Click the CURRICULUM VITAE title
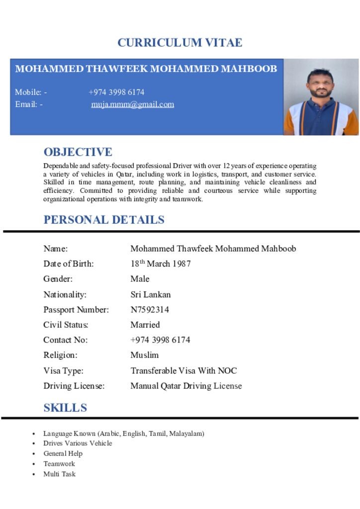coord(180,43)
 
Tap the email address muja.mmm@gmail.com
coord(132,104)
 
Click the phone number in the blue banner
coord(116,92)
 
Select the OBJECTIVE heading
coord(78,152)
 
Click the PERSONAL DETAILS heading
coord(104,220)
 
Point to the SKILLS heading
coord(65,408)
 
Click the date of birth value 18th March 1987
coord(160,264)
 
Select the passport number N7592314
coord(150,310)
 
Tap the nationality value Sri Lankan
coord(150,294)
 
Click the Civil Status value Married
coord(145,325)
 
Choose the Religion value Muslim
coord(144,355)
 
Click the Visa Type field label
coord(63,371)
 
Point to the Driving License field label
coord(74,386)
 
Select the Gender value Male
coord(140,279)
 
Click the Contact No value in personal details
coord(160,340)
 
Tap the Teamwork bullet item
coord(59,464)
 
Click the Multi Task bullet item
coord(59,474)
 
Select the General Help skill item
coord(63,453)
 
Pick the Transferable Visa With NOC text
coord(183,371)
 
